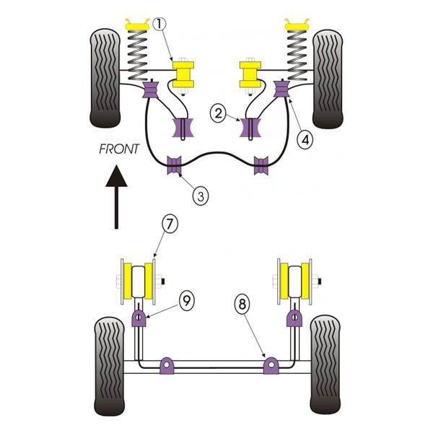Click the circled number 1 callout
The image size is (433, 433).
pyautogui.click(x=159, y=24)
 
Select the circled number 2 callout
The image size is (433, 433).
pyautogui.click(x=218, y=113)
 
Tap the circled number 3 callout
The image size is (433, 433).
pyautogui.click(x=201, y=196)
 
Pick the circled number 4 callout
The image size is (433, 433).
pyautogui.click(x=305, y=141)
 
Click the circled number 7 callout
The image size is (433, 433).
pyautogui.click(x=170, y=225)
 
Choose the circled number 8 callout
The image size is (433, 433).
pyautogui.click(x=242, y=305)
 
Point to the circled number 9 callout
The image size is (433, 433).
pyautogui.click(x=186, y=301)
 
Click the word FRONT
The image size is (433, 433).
pyautogui.click(x=119, y=149)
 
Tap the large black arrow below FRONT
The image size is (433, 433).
pyautogui.click(x=116, y=196)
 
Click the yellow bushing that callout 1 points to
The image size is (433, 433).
pyautogui.click(x=183, y=74)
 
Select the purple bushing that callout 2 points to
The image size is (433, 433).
pyautogui.click(x=251, y=127)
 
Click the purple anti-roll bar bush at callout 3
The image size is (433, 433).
pyautogui.click(x=175, y=165)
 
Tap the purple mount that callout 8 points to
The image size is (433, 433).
pyautogui.click(x=271, y=365)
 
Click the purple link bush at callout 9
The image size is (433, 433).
pyautogui.click(x=139, y=318)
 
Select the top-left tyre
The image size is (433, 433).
pyautogui.click(x=105, y=78)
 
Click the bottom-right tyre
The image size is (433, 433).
pyautogui.click(x=325, y=365)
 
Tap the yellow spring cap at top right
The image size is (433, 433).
pyautogui.click(x=297, y=25)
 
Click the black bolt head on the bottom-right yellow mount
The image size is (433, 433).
pyautogui.click(x=320, y=281)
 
